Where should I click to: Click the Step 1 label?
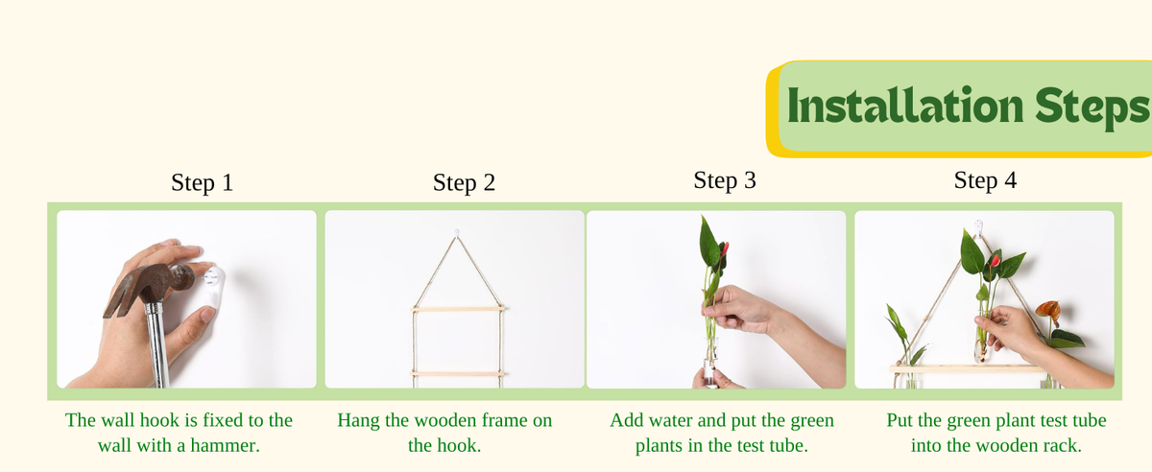click(x=203, y=182)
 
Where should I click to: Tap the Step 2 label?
click(x=464, y=182)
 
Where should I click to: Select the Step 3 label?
click(x=725, y=180)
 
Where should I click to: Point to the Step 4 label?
click(x=985, y=180)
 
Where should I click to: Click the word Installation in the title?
click(x=905, y=106)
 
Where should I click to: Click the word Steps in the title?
click(x=1092, y=108)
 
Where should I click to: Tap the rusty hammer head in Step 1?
click(x=148, y=288)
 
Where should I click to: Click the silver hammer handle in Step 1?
click(x=156, y=344)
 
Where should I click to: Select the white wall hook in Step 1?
click(x=212, y=288)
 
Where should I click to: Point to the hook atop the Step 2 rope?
click(x=456, y=233)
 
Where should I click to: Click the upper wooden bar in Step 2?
click(x=458, y=309)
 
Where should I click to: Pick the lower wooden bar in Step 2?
click(x=457, y=374)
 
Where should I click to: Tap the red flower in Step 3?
click(x=725, y=249)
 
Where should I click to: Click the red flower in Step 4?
click(x=996, y=261)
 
